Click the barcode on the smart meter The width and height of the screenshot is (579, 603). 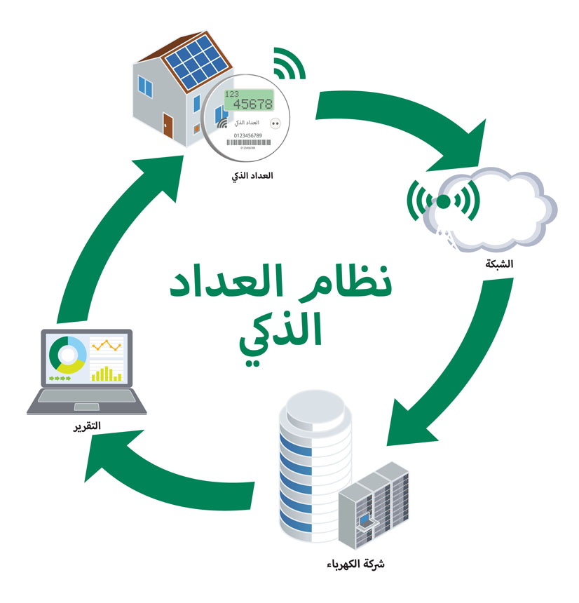coord(248,142)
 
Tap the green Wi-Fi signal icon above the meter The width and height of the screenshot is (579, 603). coord(288,65)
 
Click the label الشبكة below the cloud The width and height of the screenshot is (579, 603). coord(499,265)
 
